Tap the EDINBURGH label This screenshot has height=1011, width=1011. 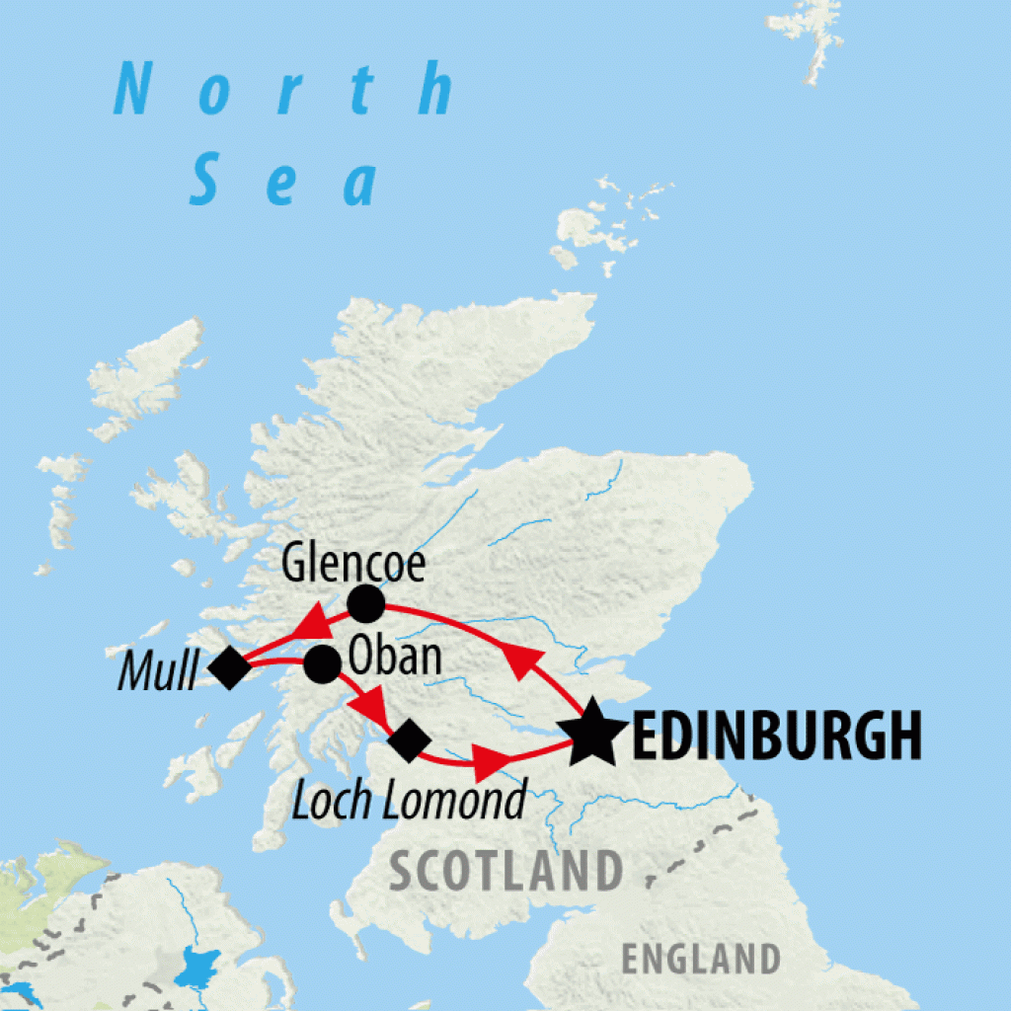click(776, 736)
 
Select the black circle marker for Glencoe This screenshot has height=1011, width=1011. click(365, 603)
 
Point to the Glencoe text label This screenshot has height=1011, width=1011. click(353, 564)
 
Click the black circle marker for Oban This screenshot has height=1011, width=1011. click(322, 664)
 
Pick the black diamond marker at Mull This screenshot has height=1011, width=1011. click(229, 668)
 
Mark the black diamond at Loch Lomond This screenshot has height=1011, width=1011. click(409, 739)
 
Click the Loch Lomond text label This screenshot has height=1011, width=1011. click(409, 801)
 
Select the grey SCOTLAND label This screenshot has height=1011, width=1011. click(505, 871)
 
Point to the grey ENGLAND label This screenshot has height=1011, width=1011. click(700, 959)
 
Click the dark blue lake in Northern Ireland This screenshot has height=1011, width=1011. click(198, 967)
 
